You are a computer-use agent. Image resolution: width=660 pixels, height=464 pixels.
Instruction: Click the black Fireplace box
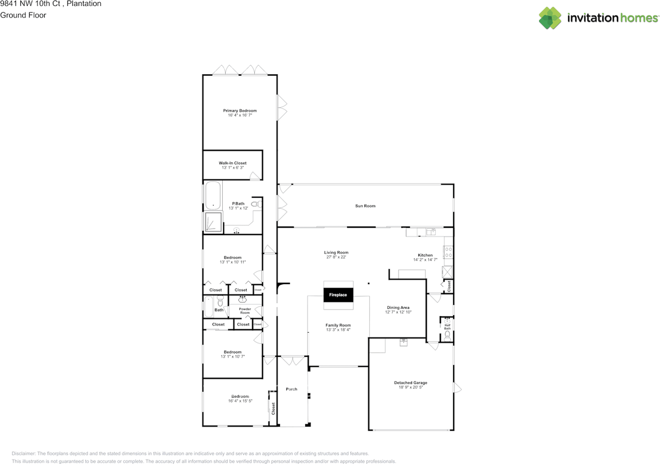point(338,295)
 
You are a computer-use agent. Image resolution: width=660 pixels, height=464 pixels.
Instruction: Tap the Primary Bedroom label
point(240,111)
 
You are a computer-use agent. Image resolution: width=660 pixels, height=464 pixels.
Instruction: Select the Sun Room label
point(365,206)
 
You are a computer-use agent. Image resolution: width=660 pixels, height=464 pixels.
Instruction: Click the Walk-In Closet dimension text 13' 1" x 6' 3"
point(233,168)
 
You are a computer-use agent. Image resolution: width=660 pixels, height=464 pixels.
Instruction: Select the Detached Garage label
point(410,383)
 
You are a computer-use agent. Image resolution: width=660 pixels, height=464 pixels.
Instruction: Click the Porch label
point(291,389)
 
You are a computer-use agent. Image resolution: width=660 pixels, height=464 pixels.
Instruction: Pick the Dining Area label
point(398,307)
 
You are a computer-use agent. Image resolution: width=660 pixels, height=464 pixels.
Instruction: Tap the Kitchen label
point(425,255)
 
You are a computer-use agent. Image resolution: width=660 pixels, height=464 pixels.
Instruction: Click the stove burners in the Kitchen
point(448,252)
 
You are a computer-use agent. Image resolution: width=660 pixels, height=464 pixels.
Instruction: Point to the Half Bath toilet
point(447,336)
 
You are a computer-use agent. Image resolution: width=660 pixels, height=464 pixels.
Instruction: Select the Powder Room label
point(245,311)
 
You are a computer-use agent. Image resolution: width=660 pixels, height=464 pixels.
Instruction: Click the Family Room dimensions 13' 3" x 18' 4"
point(338,330)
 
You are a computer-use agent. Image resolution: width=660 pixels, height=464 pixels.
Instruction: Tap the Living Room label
point(336,252)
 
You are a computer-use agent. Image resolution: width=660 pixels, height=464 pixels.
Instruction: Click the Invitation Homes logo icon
point(550,18)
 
